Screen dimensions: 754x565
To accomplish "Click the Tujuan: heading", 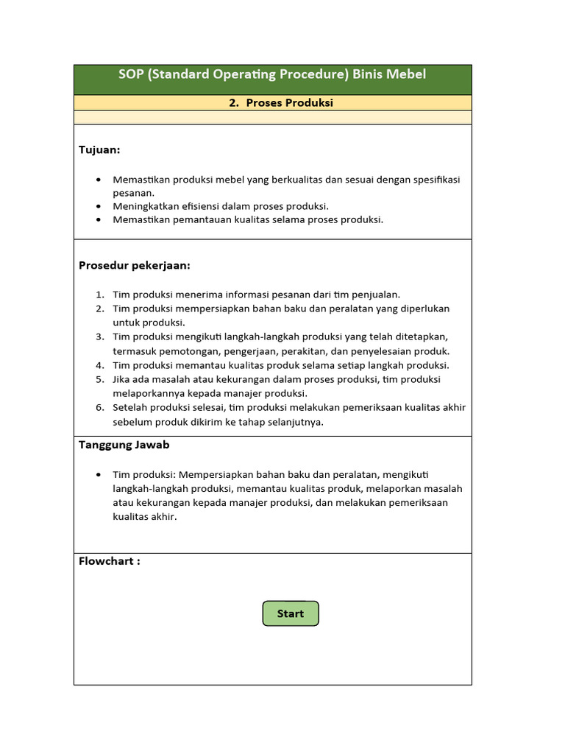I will coord(99,150).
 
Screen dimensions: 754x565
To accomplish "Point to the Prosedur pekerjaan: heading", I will coord(134,265).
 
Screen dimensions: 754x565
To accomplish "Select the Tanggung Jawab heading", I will coord(124,445).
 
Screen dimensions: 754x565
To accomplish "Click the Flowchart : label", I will coord(109,561).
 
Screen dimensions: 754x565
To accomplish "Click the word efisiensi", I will coord(198,206).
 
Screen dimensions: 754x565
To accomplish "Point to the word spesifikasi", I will coord(433,179).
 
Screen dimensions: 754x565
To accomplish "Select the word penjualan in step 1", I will coord(374,295).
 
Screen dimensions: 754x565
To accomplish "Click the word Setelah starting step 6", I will coord(130,408).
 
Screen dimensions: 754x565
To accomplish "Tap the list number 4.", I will coord(99,365).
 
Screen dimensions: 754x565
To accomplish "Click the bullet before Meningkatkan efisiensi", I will coord(99,206).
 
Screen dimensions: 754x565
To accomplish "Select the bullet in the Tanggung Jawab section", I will coord(99,475).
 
